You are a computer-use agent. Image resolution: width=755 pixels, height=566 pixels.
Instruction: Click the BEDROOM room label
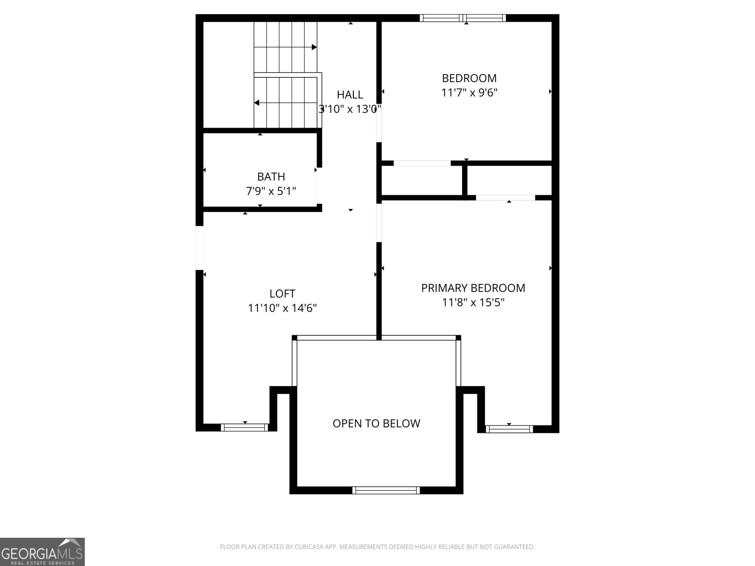(469, 78)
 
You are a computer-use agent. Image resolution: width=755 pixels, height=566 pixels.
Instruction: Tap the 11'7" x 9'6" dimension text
(469, 93)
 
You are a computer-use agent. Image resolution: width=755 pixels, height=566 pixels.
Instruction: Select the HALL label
(350, 94)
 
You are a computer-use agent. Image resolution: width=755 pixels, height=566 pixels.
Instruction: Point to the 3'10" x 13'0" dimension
(350, 109)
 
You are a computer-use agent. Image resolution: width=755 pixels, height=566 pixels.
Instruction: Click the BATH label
(271, 176)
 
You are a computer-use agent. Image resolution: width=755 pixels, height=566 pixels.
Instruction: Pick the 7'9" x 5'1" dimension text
(271, 191)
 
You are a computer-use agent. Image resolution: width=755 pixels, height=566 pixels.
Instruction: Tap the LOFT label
(282, 293)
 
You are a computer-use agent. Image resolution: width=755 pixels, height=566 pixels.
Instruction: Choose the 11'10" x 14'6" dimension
(282, 308)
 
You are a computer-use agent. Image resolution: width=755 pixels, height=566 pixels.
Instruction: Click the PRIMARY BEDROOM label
(473, 288)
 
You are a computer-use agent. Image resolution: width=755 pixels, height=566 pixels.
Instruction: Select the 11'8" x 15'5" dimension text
(473, 302)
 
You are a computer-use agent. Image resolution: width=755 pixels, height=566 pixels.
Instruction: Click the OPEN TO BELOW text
(376, 424)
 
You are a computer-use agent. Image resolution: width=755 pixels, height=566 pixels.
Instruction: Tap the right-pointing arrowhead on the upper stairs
(314, 47)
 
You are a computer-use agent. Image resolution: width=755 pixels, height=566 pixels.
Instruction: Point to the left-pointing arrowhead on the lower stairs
(257, 103)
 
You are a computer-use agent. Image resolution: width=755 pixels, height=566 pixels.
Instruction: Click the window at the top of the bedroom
(462, 18)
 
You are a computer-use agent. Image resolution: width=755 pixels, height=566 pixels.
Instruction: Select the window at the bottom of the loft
(244, 427)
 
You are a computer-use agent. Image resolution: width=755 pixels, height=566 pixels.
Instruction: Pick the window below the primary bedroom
(509, 429)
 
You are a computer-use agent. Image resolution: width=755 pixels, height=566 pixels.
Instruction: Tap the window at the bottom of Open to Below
(386, 491)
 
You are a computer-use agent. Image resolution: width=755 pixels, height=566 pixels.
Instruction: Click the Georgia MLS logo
(42, 552)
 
